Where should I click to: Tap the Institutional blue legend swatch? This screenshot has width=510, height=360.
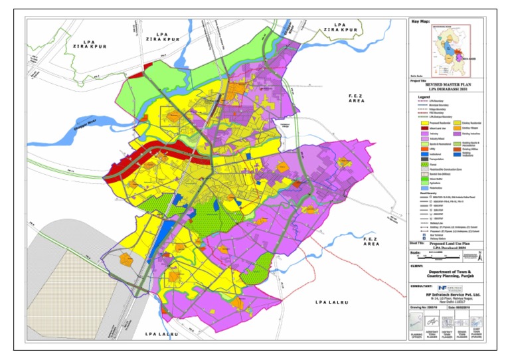pos(414,160)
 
